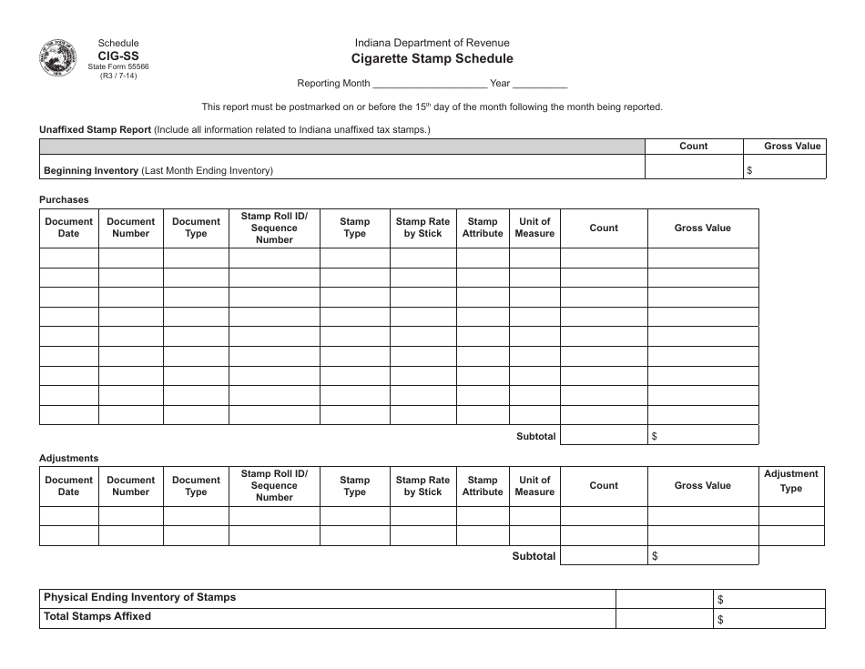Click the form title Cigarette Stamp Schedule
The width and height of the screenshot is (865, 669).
tap(432, 59)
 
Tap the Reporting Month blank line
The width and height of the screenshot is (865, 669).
tap(429, 84)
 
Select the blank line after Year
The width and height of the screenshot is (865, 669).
tap(540, 84)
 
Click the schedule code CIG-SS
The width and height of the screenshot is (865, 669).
tap(118, 55)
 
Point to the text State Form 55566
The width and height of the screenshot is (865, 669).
tap(118, 66)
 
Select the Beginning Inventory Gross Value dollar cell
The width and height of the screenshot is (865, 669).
tap(784, 168)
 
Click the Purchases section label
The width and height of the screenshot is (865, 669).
tap(64, 199)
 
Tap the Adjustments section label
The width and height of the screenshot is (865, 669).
tap(69, 458)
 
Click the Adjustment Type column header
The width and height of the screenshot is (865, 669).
tap(790, 481)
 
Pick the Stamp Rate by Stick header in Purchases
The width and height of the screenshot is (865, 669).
tap(422, 228)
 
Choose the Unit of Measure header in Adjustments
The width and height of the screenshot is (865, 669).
tap(534, 486)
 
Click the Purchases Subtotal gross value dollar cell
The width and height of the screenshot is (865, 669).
tap(702, 436)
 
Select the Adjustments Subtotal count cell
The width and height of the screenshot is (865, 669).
tap(604, 555)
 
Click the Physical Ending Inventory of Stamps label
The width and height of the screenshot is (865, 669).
tap(140, 597)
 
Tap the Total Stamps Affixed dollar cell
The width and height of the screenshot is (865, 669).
tap(768, 619)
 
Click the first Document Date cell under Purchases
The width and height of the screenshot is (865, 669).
tap(69, 258)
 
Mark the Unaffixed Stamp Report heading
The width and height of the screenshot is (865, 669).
tap(95, 129)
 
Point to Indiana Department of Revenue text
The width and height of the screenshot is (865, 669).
tap(432, 43)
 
